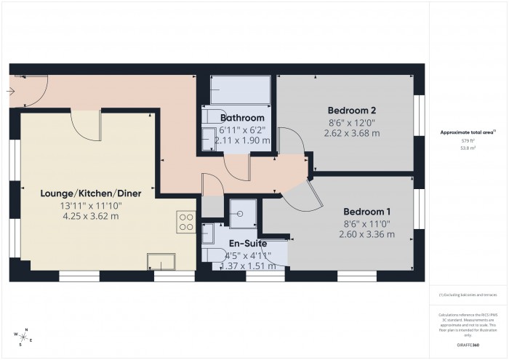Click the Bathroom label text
pos(242,118)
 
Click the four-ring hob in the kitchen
pos(186,221)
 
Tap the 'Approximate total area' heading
pos(468,132)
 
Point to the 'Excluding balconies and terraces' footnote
pos(468,295)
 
